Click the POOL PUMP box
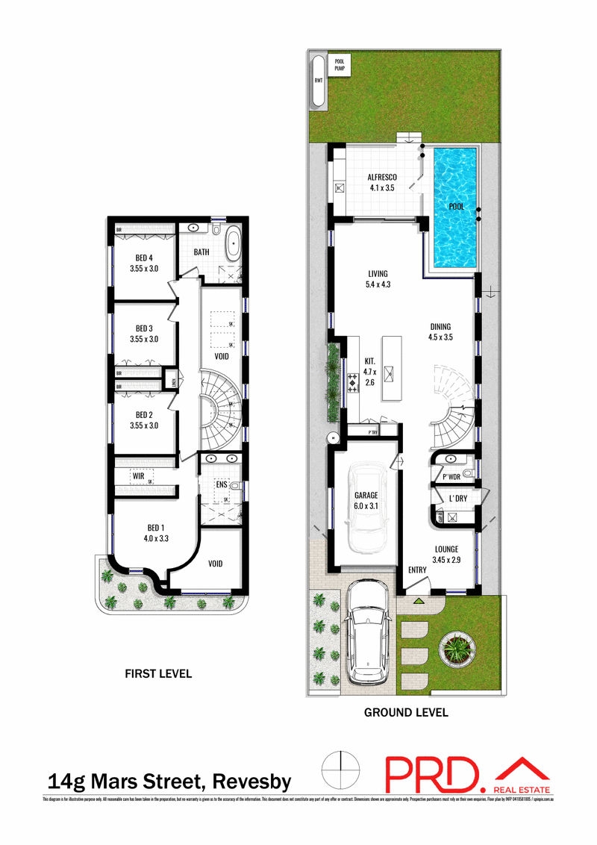(x=343, y=64)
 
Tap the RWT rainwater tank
(x=318, y=82)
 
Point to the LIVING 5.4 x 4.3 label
(x=378, y=279)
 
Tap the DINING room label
(x=440, y=331)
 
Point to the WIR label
(x=139, y=475)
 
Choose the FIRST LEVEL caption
(x=157, y=674)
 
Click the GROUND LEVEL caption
(x=406, y=713)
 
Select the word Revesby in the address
(x=252, y=782)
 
